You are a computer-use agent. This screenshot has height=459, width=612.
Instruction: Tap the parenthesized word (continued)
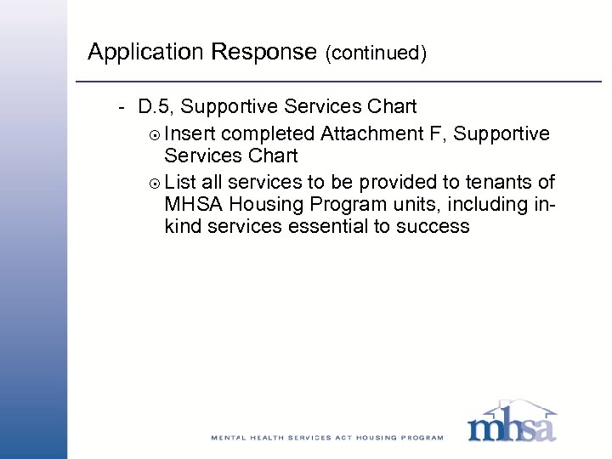coord(375,54)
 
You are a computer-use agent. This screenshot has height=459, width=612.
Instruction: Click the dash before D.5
coord(122,107)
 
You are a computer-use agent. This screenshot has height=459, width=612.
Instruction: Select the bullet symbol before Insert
coord(154,134)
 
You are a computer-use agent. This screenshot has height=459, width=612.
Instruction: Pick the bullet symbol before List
coord(154,183)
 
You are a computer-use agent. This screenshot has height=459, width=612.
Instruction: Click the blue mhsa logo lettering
coord(512,425)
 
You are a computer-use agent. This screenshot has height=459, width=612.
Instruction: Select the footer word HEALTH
coord(275,438)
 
